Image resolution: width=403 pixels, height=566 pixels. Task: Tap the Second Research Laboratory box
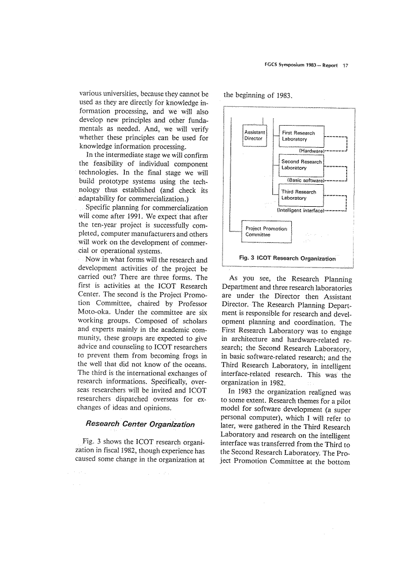[x=302, y=165]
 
